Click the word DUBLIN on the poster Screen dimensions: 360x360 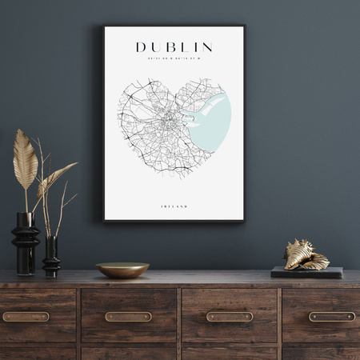(x=174, y=47)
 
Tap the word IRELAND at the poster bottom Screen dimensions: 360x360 (x=174, y=206)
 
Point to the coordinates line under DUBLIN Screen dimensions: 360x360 (x=174, y=59)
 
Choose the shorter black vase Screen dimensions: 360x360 (x=51, y=257)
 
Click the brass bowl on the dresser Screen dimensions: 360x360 (x=122, y=270)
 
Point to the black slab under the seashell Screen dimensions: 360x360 (x=306, y=272)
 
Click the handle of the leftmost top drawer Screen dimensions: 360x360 (x=26, y=317)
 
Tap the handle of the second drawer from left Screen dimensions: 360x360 (x=128, y=317)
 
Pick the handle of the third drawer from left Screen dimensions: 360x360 (x=230, y=317)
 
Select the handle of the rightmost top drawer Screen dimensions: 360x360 (x=331, y=317)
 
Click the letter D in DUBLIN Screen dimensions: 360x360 (x=141, y=47)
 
